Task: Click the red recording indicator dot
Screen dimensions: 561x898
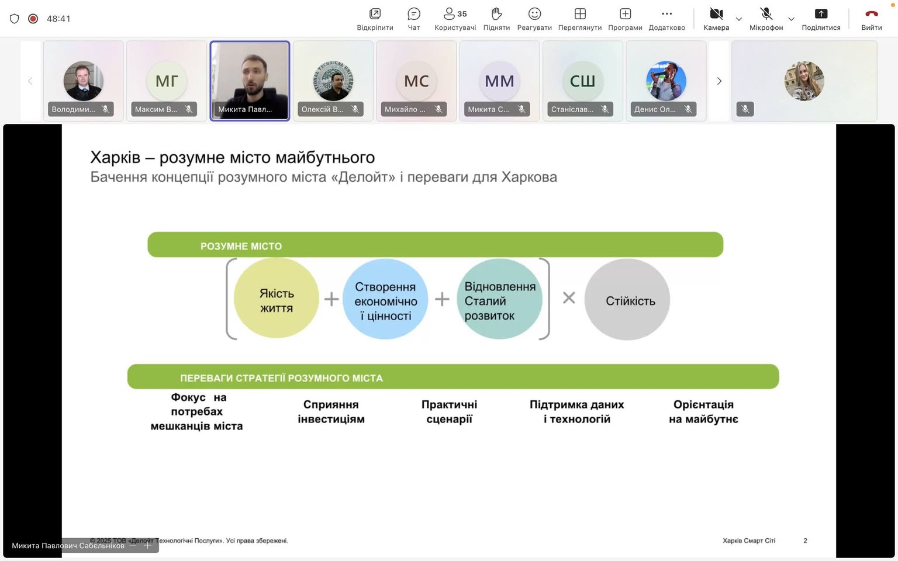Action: pyautogui.click(x=33, y=19)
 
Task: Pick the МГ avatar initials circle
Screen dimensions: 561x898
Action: pyautogui.click(x=167, y=81)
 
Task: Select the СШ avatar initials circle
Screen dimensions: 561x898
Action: pyautogui.click(x=582, y=81)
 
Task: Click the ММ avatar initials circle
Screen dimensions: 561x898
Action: pyautogui.click(x=499, y=81)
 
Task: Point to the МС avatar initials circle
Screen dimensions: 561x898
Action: pyautogui.click(x=416, y=81)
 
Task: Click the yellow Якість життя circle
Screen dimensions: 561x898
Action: pyautogui.click(x=277, y=299)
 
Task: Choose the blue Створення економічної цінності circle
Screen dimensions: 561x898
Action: pyautogui.click(x=386, y=299)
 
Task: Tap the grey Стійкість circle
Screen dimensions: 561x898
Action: pyautogui.click(x=627, y=299)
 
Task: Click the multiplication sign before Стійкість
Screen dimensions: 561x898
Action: pyautogui.click(x=569, y=298)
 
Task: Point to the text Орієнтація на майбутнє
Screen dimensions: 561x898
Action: pyautogui.click(x=703, y=411)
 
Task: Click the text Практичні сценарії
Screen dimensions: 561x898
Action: pyautogui.click(x=449, y=411)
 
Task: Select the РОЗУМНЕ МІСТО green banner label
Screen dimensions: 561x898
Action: pyautogui.click(x=241, y=246)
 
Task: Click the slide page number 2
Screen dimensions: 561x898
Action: pyautogui.click(x=805, y=541)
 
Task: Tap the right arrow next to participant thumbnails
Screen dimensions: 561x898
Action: pyautogui.click(x=719, y=81)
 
